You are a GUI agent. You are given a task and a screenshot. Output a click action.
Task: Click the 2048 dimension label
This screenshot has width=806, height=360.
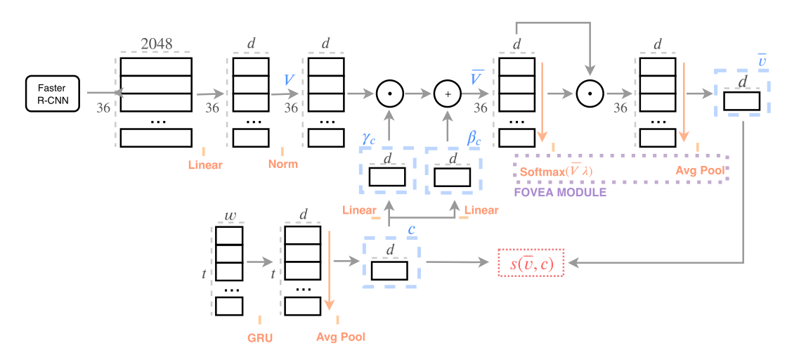(156, 43)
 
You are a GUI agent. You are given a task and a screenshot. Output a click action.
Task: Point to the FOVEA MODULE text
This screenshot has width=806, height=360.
(560, 191)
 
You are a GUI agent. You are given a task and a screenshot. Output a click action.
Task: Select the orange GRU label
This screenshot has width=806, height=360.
(259, 337)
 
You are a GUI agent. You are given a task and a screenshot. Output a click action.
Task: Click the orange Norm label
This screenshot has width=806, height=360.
(282, 164)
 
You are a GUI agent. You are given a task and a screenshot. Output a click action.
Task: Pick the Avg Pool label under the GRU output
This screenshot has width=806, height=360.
(341, 337)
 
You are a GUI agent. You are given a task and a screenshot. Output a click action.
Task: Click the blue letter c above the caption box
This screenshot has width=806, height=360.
(412, 230)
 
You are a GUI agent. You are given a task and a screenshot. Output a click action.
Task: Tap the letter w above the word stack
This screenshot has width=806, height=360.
(228, 214)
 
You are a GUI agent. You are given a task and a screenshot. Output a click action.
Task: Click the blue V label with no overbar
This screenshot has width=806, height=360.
(288, 79)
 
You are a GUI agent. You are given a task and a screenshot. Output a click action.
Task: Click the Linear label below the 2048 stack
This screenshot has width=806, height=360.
(205, 165)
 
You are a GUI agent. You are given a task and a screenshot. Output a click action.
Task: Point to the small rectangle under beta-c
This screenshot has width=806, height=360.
(453, 177)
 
